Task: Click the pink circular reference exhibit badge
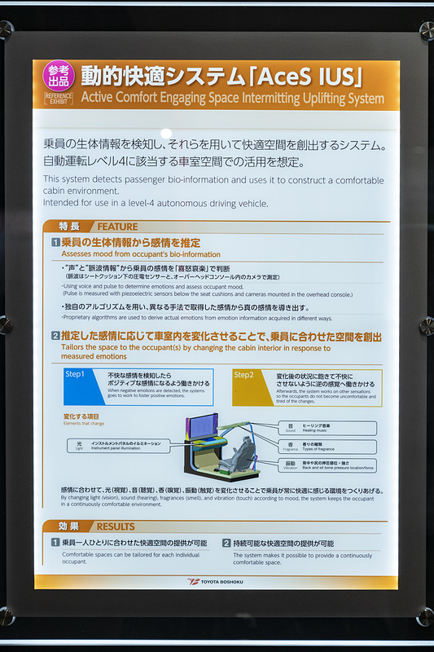click(59, 76)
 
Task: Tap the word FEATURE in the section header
click(117, 226)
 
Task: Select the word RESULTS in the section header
click(116, 526)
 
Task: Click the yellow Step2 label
click(244, 375)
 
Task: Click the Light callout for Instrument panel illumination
click(118, 446)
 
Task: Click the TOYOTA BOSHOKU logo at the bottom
click(216, 581)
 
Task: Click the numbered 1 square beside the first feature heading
click(55, 243)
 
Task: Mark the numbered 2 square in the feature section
click(55, 336)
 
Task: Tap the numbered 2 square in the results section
click(226, 543)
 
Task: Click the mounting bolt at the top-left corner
click(7, 31)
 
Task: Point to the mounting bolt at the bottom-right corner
click(426, 617)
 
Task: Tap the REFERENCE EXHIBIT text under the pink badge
click(59, 99)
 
